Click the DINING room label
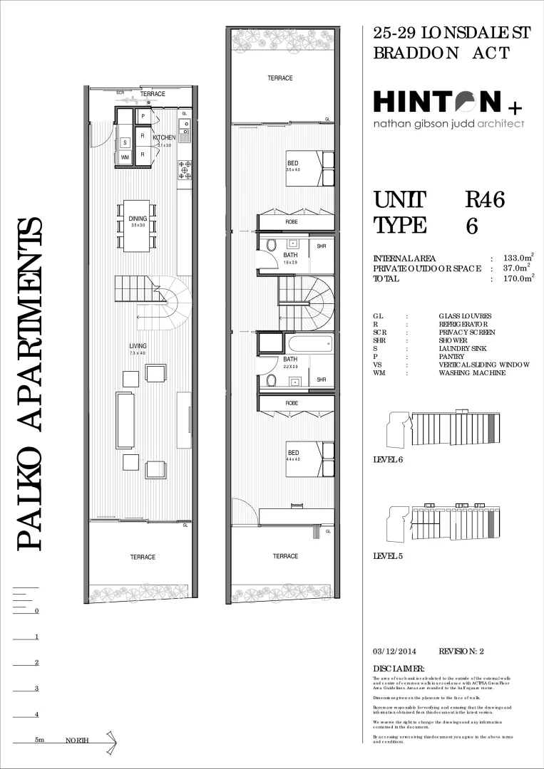point(138,219)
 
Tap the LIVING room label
point(138,346)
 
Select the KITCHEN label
point(164,137)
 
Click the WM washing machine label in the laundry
point(125,157)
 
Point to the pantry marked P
point(143,116)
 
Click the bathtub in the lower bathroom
point(309,345)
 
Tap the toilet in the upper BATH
point(271,245)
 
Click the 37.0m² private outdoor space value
point(518,268)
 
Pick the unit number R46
point(485,201)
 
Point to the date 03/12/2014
point(394,651)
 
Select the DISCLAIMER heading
point(399,668)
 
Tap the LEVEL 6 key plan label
point(388,459)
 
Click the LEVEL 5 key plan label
point(388,555)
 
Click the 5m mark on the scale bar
point(39,741)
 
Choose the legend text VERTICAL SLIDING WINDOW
point(484,365)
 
